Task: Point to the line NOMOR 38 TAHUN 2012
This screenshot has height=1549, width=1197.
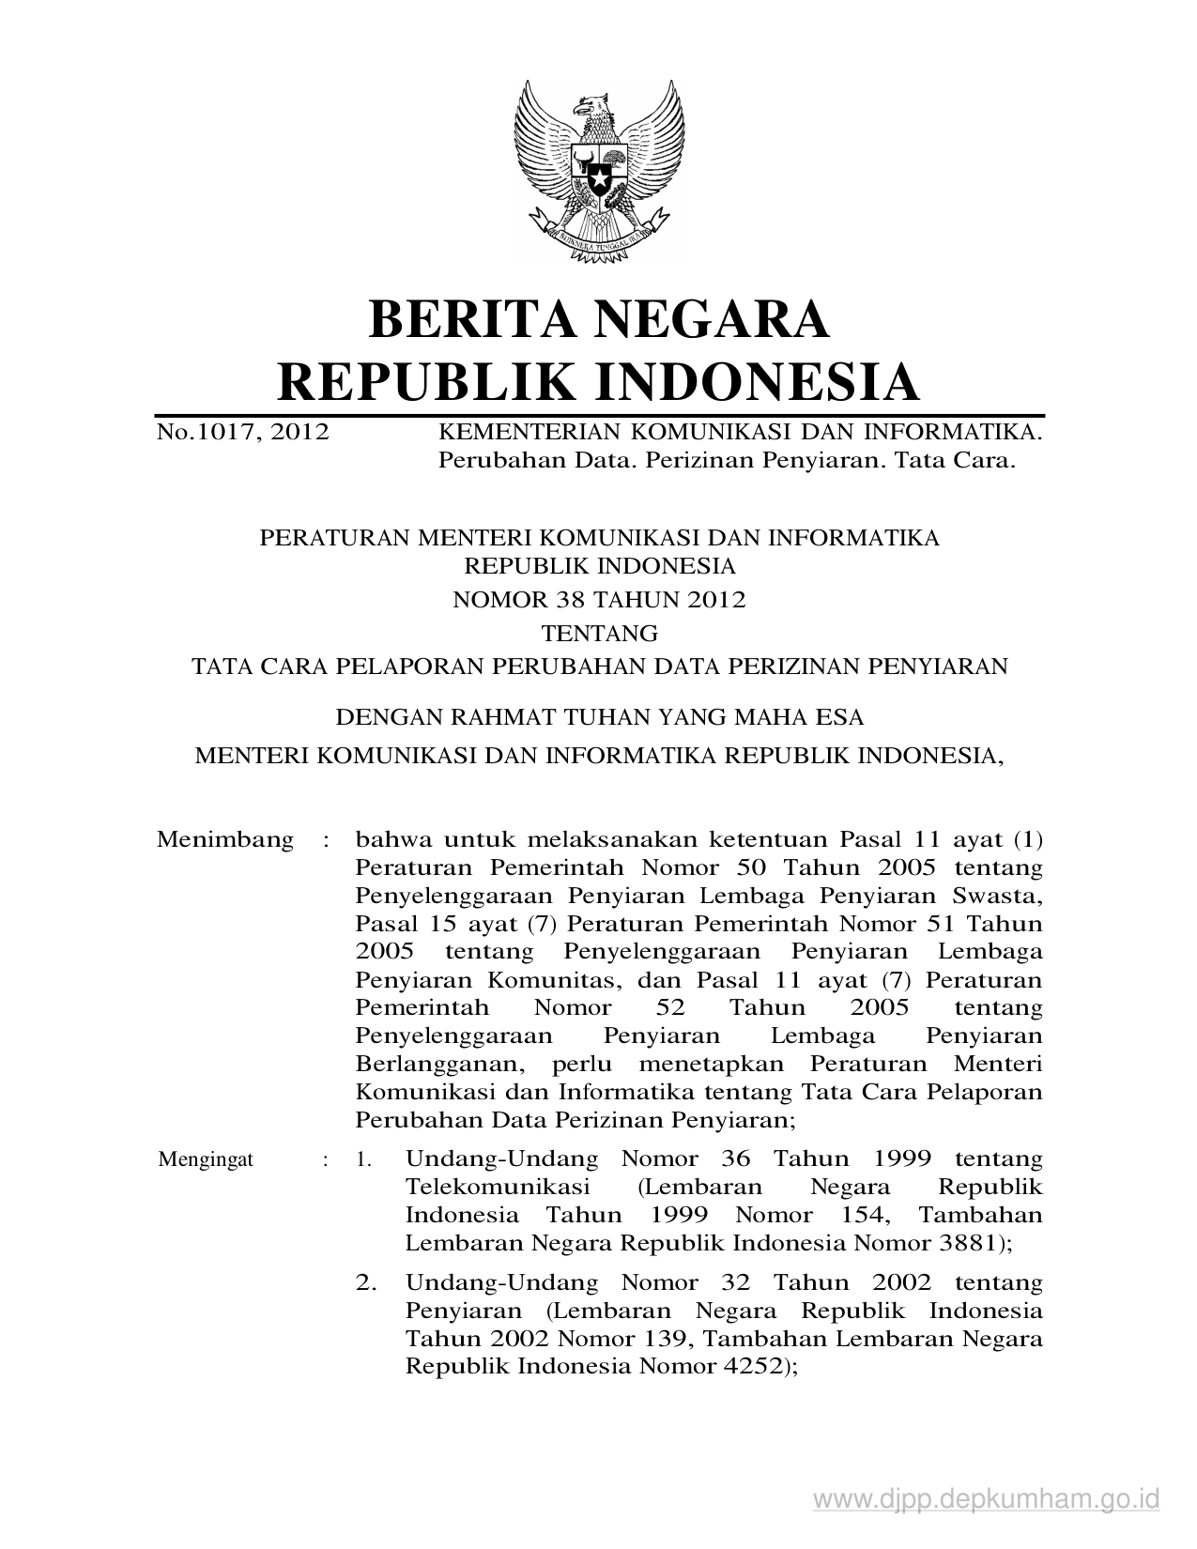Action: [599, 600]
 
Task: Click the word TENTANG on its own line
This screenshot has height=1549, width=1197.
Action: [599, 633]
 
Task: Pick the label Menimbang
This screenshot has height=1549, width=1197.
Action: [224, 839]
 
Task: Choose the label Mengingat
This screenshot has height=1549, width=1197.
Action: [206, 1159]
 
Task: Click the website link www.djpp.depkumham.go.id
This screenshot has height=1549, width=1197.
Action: [987, 1498]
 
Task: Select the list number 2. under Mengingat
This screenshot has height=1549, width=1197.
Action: [366, 1282]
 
